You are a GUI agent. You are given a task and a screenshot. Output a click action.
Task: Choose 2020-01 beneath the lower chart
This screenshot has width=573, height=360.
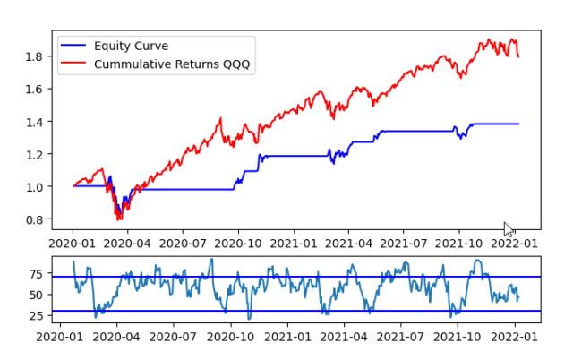pos(73,338)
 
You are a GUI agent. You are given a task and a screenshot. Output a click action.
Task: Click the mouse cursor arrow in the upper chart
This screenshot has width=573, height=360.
pos(508,228)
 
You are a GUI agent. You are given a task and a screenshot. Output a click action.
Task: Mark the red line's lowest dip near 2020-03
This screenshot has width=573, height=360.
pos(118,218)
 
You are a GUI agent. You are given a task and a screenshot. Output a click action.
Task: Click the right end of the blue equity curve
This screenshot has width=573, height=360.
pos(518,124)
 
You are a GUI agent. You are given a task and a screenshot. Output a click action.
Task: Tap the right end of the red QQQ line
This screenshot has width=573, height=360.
pos(518,56)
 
